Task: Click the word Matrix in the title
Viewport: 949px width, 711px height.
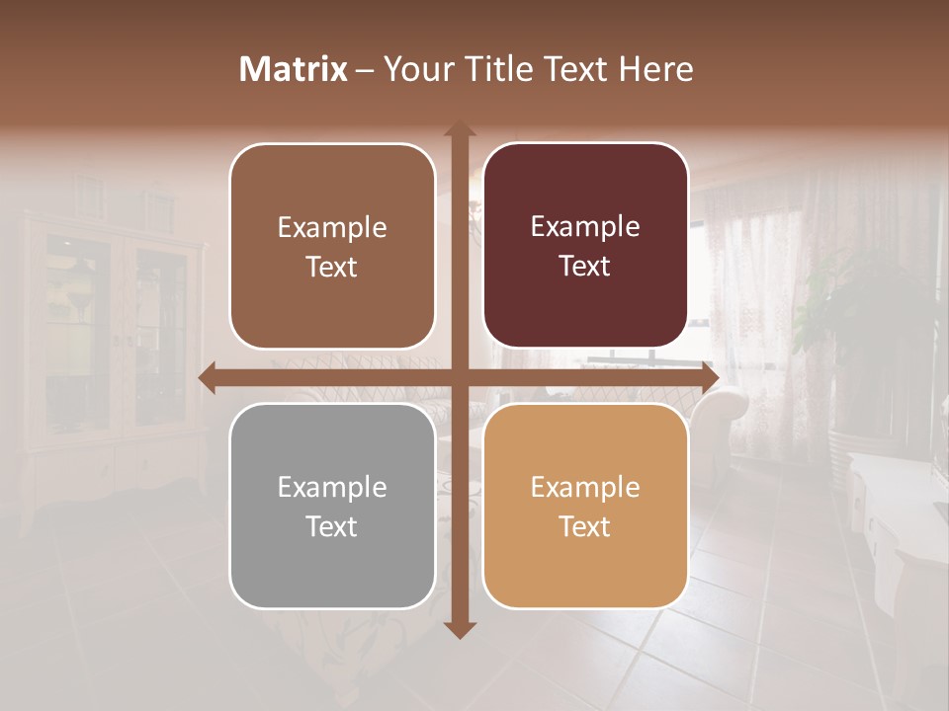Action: (294, 69)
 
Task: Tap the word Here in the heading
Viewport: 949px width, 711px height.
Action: (655, 69)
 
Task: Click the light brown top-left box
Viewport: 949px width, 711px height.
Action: (332, 246)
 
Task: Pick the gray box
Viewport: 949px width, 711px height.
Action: (332, 506)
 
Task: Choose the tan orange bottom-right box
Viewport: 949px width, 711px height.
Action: (585, 506)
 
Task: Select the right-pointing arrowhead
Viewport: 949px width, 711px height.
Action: (709, 378)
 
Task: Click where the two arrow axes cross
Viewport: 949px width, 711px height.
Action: (459, 378)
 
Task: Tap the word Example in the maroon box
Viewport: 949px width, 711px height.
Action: (585, 227)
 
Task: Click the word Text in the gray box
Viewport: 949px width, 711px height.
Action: (331, 526)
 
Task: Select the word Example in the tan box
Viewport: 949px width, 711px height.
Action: (585, 487)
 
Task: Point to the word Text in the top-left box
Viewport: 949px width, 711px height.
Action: (331, 267)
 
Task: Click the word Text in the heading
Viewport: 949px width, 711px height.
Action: (572, 69)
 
